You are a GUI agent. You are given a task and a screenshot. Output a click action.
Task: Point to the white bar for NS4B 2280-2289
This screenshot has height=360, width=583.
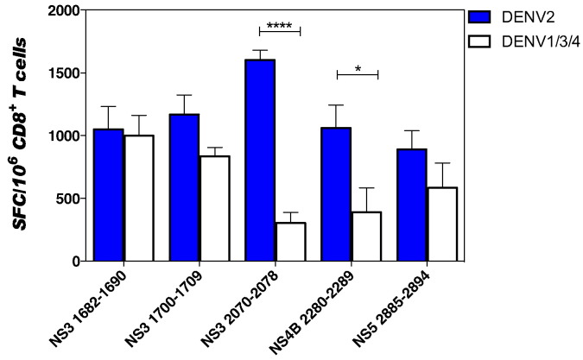[366, 236]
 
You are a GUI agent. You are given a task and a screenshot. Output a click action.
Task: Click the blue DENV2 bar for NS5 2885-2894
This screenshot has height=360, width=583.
[412, 204]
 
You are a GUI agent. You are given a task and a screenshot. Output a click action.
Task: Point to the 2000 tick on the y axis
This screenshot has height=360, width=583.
[63, 11]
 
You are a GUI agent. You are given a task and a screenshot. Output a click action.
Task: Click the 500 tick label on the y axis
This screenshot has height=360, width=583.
[67, 199]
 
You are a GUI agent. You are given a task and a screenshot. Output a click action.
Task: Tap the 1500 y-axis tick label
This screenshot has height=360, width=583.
[63, 73]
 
